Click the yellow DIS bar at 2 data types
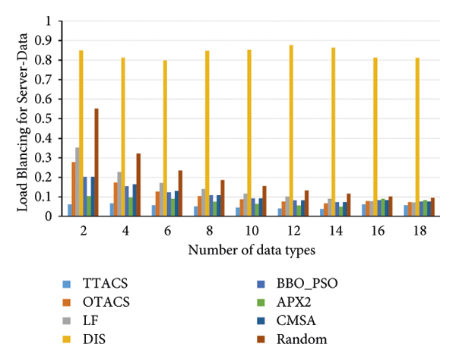81,134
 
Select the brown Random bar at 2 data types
97,163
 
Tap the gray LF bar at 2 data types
78,182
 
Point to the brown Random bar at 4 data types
138,185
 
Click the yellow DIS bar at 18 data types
417,137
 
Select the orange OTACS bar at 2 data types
74,189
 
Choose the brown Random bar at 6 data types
180,194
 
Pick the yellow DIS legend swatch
66,339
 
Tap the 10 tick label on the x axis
249,229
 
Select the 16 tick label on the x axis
375,229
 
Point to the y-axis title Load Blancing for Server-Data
22,118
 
